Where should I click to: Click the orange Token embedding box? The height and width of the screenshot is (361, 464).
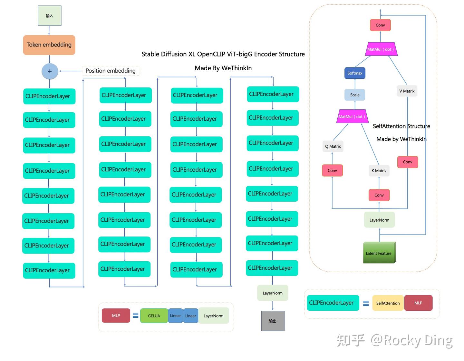49,45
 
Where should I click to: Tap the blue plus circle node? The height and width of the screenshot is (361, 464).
50,71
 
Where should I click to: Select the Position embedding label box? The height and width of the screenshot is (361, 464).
111,71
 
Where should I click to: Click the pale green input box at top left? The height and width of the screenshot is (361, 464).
49,15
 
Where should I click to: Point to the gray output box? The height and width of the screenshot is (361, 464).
273,321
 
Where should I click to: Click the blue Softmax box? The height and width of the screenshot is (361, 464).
355,73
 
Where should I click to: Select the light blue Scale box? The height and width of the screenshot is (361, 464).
355,95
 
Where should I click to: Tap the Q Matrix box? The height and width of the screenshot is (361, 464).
333,146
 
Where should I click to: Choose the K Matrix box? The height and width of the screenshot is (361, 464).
379,171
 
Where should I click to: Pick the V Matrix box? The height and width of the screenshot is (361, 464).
407,91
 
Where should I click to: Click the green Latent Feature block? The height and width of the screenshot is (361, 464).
379,253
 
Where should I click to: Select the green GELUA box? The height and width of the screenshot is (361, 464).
154,316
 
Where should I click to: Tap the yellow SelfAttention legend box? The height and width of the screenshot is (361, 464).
388,303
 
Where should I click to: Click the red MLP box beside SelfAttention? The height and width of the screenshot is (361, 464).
418,303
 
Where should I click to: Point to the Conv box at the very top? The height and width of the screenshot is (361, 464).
380,25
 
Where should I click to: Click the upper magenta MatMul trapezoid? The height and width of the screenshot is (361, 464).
381,49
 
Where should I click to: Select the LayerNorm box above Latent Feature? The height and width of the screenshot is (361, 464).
379,220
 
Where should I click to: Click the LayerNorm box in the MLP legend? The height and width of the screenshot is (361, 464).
213,316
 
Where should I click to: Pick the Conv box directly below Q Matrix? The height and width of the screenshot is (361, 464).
332,170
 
